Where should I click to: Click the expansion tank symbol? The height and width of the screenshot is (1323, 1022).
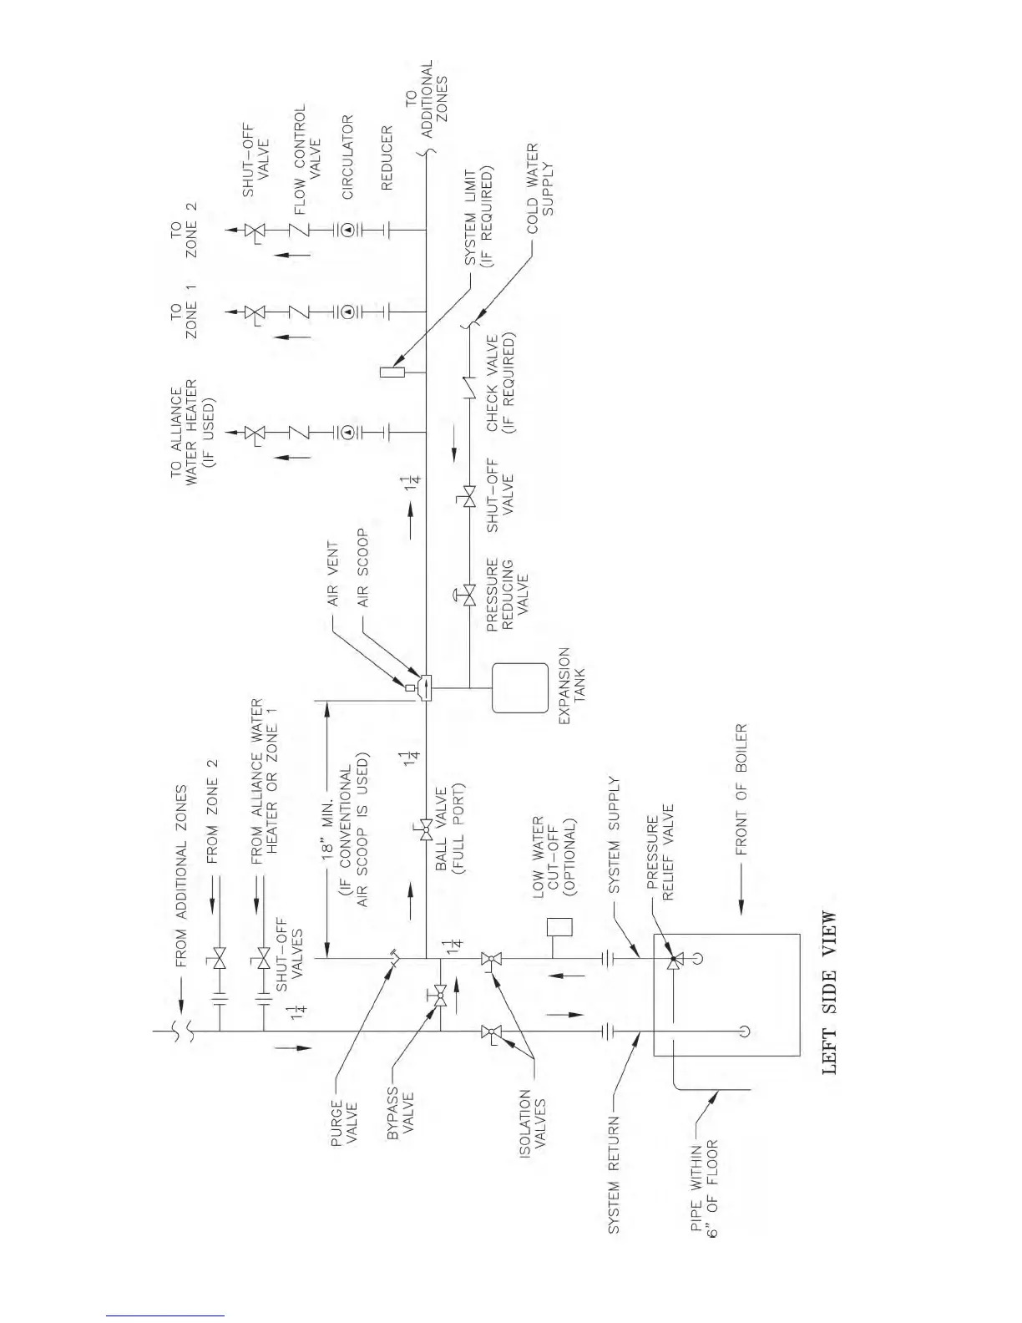pyautogui.click(x=519, y=687)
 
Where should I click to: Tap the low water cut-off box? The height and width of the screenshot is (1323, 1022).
pyautogui.click(x=560, y=927)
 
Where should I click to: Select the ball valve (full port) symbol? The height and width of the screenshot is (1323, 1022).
pyautogui.click(x=426, y=830)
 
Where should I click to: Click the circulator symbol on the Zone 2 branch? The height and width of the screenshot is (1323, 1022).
pyautogui.click(x=348, y=228)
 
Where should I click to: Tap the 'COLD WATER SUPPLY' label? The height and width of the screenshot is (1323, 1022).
pyautogui.click(x=539, y=180)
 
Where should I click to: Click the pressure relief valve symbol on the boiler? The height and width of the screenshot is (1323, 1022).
pyautogui.click(x=673, y=961)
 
